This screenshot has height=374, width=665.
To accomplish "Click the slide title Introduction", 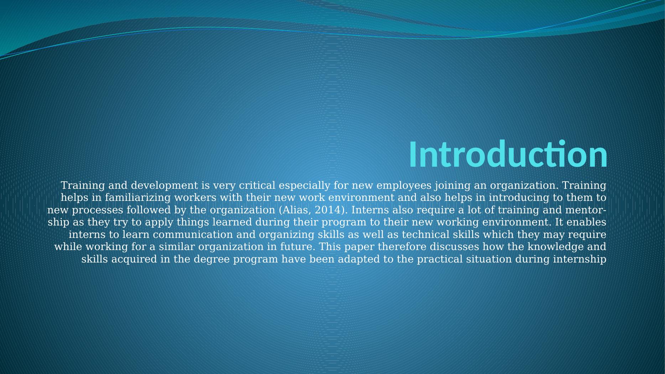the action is (508, 154).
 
